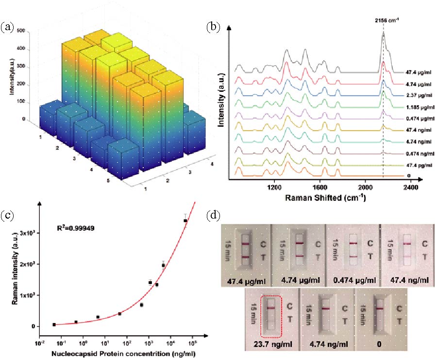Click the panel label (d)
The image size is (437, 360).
click(x=214, y=214)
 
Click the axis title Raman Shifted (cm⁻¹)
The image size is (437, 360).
click(x=322, y=198)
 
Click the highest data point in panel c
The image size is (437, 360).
click(x=185, y=221)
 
